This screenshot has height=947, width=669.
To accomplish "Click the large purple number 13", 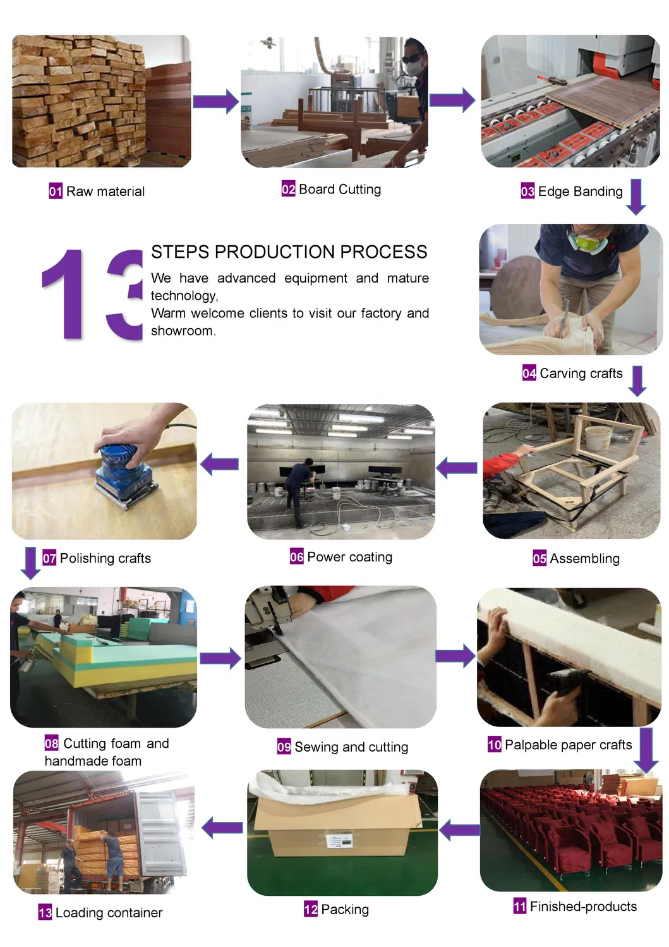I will click(92, 294).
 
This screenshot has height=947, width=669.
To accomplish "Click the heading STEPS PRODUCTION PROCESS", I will click(289, 252).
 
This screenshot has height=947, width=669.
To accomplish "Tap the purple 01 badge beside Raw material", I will click(56, 191).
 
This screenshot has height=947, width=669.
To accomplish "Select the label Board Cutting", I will click(340, 189).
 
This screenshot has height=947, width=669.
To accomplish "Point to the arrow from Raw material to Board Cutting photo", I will click(215, 101).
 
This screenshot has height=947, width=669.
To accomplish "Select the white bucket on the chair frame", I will click(597, 437).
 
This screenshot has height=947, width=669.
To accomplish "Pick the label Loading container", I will click(109, 912).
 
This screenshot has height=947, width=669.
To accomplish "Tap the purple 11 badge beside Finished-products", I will click(520, 907).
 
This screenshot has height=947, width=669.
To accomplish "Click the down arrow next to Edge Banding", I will click(636, 197).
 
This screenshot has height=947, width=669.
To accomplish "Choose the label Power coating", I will click(349, 557).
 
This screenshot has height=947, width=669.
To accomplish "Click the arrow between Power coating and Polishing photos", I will click(220, 464).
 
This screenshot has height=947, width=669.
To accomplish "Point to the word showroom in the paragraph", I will click(183, 331).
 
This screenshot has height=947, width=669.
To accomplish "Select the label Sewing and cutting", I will click(351, 747).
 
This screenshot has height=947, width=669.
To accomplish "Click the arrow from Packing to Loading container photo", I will click(222, 827).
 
